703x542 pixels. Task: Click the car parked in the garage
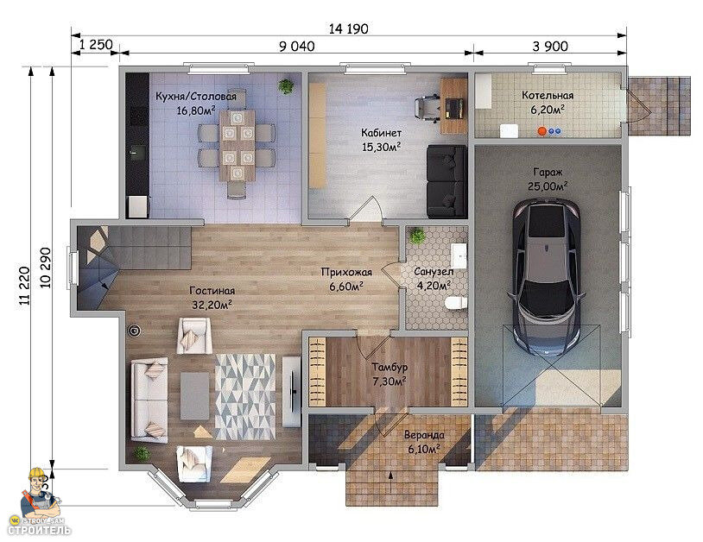click(x=547, y=277)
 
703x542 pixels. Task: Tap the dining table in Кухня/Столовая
click(x=237, y=145)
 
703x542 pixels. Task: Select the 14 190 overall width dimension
click(x=348, y=29)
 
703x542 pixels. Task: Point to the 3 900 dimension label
click(x=550, y=46)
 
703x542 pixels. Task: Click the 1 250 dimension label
click(x=96, y=44)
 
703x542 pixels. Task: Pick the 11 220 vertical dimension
click(x=25, y=286)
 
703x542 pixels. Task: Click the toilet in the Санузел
click(x=456, y=304)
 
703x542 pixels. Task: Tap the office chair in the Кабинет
click(x=427, y=109)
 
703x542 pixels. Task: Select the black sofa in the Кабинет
click(x=447, y=181)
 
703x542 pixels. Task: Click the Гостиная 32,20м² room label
click(x=212, y=298)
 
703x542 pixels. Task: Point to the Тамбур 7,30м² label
click(x=389, y=374)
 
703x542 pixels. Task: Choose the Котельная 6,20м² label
click(x=548, y=102)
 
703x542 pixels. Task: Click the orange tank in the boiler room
click(x=541, y=131)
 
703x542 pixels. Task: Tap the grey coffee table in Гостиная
click(x=194, y=396)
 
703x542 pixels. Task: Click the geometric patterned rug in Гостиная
click(x=244, y=396)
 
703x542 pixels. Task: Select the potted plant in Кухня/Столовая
click(x=286, y=86)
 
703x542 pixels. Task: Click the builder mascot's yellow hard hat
click(x=36, y=473)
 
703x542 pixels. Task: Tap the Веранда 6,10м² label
click(x=424, y=442)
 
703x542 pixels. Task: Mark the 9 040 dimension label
click(x=297, y=46)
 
